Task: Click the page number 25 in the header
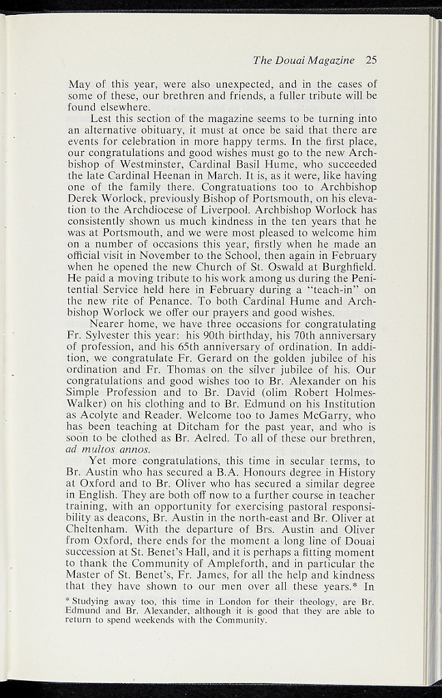coord(371,60)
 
